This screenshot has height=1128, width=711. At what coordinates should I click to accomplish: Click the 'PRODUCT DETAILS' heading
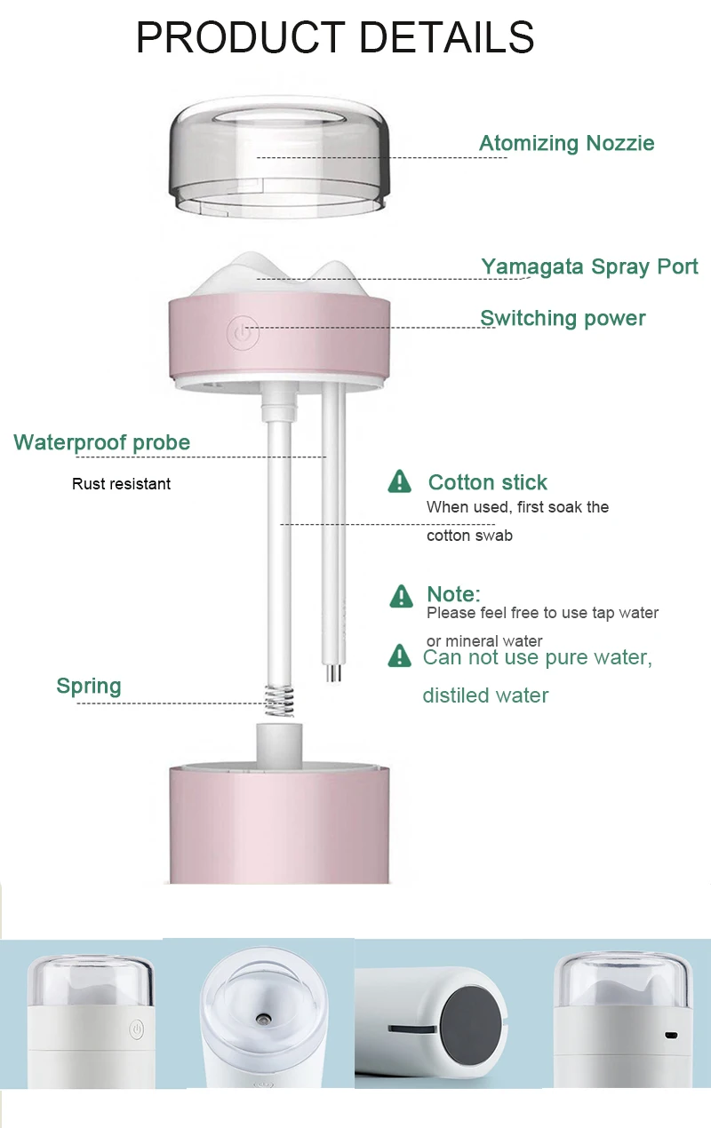(x=335, y=37)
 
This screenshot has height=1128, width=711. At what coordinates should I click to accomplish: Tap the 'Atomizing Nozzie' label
(x=566, y=143)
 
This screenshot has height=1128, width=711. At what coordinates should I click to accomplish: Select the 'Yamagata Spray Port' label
(x=589, y=266)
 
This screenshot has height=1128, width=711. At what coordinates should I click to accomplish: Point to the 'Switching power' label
(x=563, y=318)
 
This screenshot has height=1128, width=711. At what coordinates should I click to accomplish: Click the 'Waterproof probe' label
(x=101, y=442)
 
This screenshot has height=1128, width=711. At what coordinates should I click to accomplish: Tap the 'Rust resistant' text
(x=121, y=484)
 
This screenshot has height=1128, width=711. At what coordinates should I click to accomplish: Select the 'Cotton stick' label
(x=487, y=482)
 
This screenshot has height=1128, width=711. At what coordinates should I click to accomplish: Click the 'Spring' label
(x=88, y=686)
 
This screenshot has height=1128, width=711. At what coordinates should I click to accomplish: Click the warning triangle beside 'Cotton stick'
(x=400, y=481)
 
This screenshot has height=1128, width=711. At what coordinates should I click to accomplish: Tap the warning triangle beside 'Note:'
(x=402, y=595)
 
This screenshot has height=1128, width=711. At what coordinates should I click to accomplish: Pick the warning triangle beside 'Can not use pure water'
(x=400, y=656)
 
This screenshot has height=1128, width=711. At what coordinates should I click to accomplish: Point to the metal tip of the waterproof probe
(x=332, y=672)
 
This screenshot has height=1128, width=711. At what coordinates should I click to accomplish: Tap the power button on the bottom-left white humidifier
(x=136, y=1029)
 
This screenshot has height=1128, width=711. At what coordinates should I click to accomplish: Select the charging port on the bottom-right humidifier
(x=672, y=1036)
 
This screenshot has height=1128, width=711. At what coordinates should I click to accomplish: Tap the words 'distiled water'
(x=485, y=695)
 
